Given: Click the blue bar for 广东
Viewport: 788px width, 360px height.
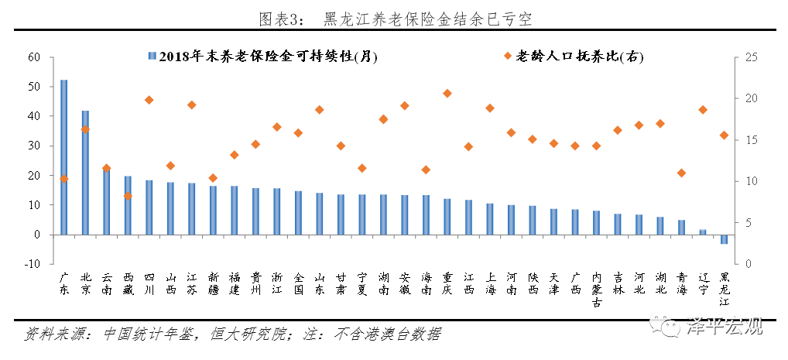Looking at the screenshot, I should tap(63, 157).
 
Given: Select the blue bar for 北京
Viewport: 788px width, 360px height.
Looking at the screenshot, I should tap(85, 173).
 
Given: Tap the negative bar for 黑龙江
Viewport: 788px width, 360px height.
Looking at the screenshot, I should tap(724, 239).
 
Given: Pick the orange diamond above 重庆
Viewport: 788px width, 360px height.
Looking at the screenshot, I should tap(447, 94).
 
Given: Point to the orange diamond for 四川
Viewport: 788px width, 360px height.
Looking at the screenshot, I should tap(149, 100).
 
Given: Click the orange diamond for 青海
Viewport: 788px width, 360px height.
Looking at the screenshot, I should tap(681, 173).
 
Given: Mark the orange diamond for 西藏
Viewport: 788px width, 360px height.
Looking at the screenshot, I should tap(128, 196).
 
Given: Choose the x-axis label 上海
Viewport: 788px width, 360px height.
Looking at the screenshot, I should tap(490, 283).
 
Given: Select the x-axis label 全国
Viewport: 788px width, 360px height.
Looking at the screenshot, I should tap(298, 283).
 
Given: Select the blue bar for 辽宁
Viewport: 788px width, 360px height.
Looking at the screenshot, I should tap(703, 231).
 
